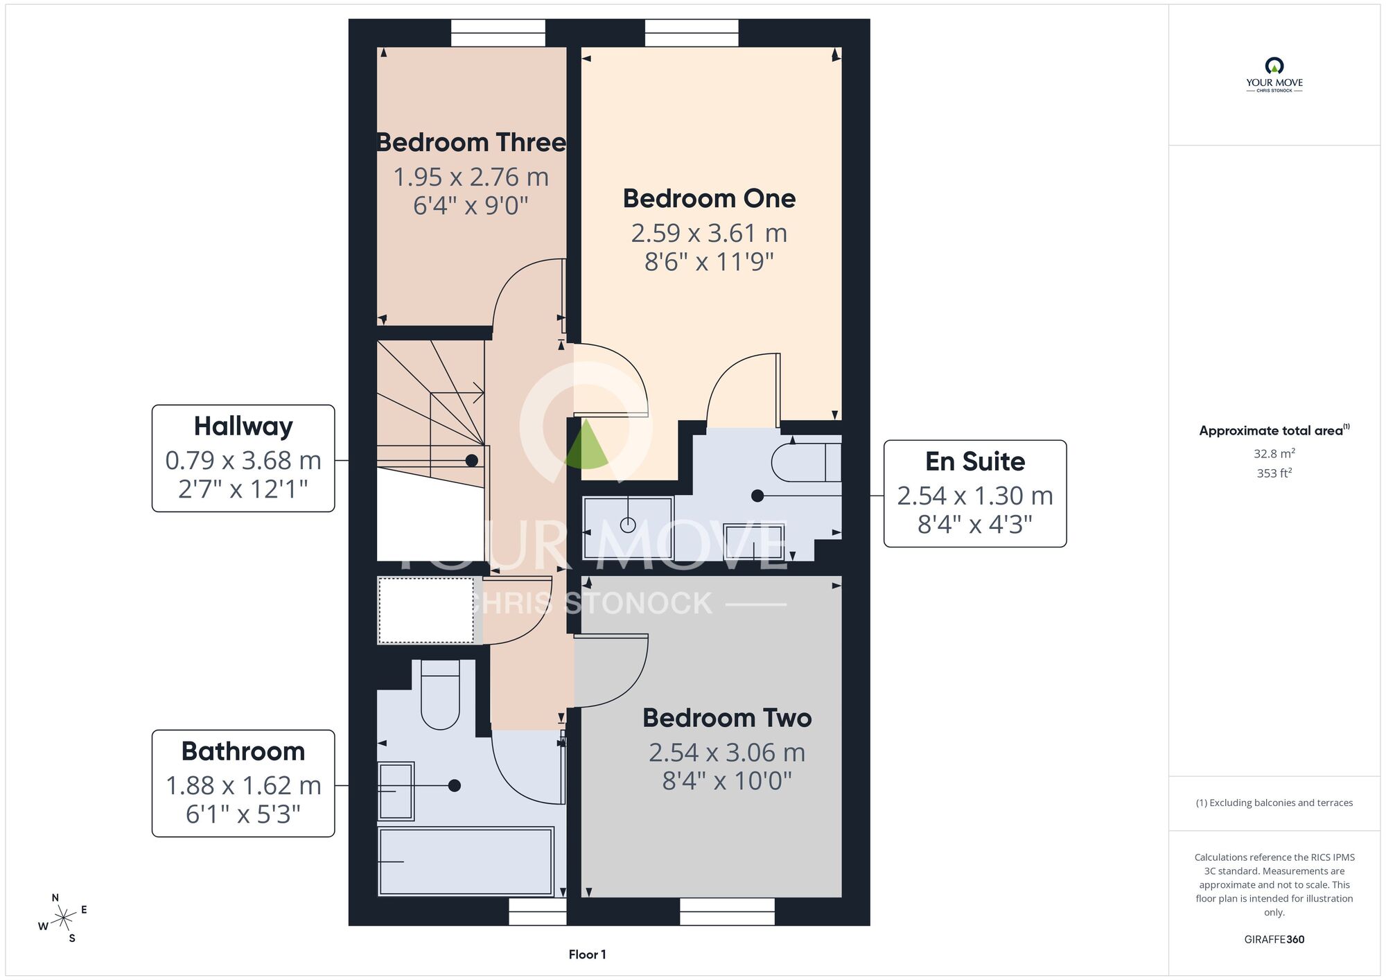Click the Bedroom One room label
tap(709, 198)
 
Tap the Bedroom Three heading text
tap(471, 142)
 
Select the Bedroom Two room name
tap(727, 718)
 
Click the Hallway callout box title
tap(243, 427)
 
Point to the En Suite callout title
tap(975, 461)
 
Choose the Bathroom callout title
tap(243, 751)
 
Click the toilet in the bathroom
tap(440, 694)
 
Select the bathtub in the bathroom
tap(466, 861)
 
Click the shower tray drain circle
tap(628, 525)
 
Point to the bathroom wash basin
tap(396, 791)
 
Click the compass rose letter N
tap(55, 898)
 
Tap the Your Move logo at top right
tap(1274, 75)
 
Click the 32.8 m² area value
tap(1274, 453)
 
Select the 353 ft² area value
tap(1274, 473)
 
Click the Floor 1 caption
tap(587, 954)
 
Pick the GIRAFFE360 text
tap(1274, 939)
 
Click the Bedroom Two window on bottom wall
tap(727, 911)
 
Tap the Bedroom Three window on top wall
tap(498, 33)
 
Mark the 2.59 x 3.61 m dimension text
tap(709, 233)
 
